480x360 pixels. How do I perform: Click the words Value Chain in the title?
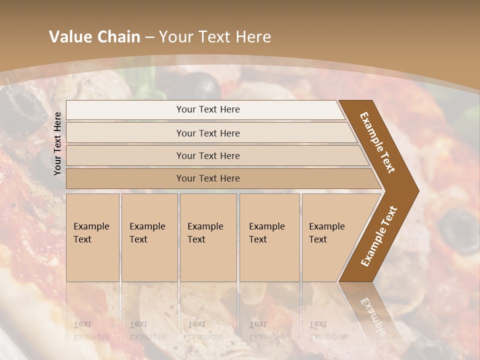(94, 37)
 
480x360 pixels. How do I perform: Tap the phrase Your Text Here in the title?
(215, 37)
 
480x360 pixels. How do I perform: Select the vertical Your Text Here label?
(57, 143)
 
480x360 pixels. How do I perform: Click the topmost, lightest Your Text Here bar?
(207, 109)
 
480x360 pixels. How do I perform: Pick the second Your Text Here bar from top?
(207, 133)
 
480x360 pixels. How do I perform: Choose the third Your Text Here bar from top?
(207, 155)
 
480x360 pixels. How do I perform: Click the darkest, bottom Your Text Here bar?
(207, 178)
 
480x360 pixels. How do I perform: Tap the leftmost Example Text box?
(92, 237)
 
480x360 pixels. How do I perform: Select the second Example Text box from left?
(149, 237)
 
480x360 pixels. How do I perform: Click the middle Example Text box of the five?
(208, 237)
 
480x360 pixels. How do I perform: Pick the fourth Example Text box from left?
(269, 237)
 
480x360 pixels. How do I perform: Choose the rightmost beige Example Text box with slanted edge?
(330, 237)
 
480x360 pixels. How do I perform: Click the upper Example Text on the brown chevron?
(377, 142)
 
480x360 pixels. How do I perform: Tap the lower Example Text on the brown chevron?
(379, 236)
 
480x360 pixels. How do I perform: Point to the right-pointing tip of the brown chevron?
(417, 190)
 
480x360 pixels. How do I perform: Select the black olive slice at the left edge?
(22, 105)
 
